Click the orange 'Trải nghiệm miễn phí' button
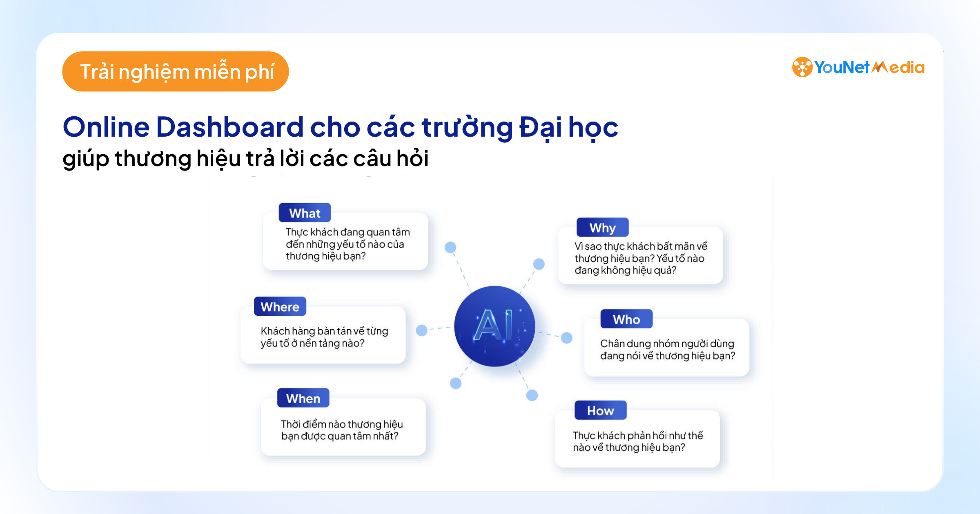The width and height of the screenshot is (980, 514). pyautogui.click(x=176, y=71)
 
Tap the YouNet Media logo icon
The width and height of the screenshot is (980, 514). pyautogui.click(x=802, y=67)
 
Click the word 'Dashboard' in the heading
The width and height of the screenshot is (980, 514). pyautogui.click(x=229, y=127)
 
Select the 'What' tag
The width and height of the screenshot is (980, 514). pyautogui.click(x=305, y=213)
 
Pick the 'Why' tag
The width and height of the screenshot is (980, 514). pyautogui.click(x=602, y=228)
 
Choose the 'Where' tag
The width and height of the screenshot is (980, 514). pyautogui.click(x=280, y=307)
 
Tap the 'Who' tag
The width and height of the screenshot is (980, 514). pyautogui.click(x=626, y=319)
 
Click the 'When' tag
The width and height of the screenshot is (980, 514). pyautogui.click(x=303, y=398)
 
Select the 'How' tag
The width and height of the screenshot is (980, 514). pyautogui.click(x=600, y=410)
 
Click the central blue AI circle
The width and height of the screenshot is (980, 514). pyautogui.click(x=494, y=326)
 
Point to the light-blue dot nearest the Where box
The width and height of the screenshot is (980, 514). pyautogui.click(x=421, y=330)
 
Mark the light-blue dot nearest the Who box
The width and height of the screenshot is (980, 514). pyautogui.click(x=566, y=337)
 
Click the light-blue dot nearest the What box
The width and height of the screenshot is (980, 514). pyautogui.click(x=450, y=247)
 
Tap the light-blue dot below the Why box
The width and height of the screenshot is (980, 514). pyautogui.click(x=539, y=264)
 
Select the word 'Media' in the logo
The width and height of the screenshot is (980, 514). pyautogui.click(x=898, y=68)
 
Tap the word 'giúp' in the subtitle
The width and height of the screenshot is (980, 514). pyautogui.click(x=86, y=159)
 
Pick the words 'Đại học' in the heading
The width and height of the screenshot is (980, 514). pyautogui.click(x=568, y=127)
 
